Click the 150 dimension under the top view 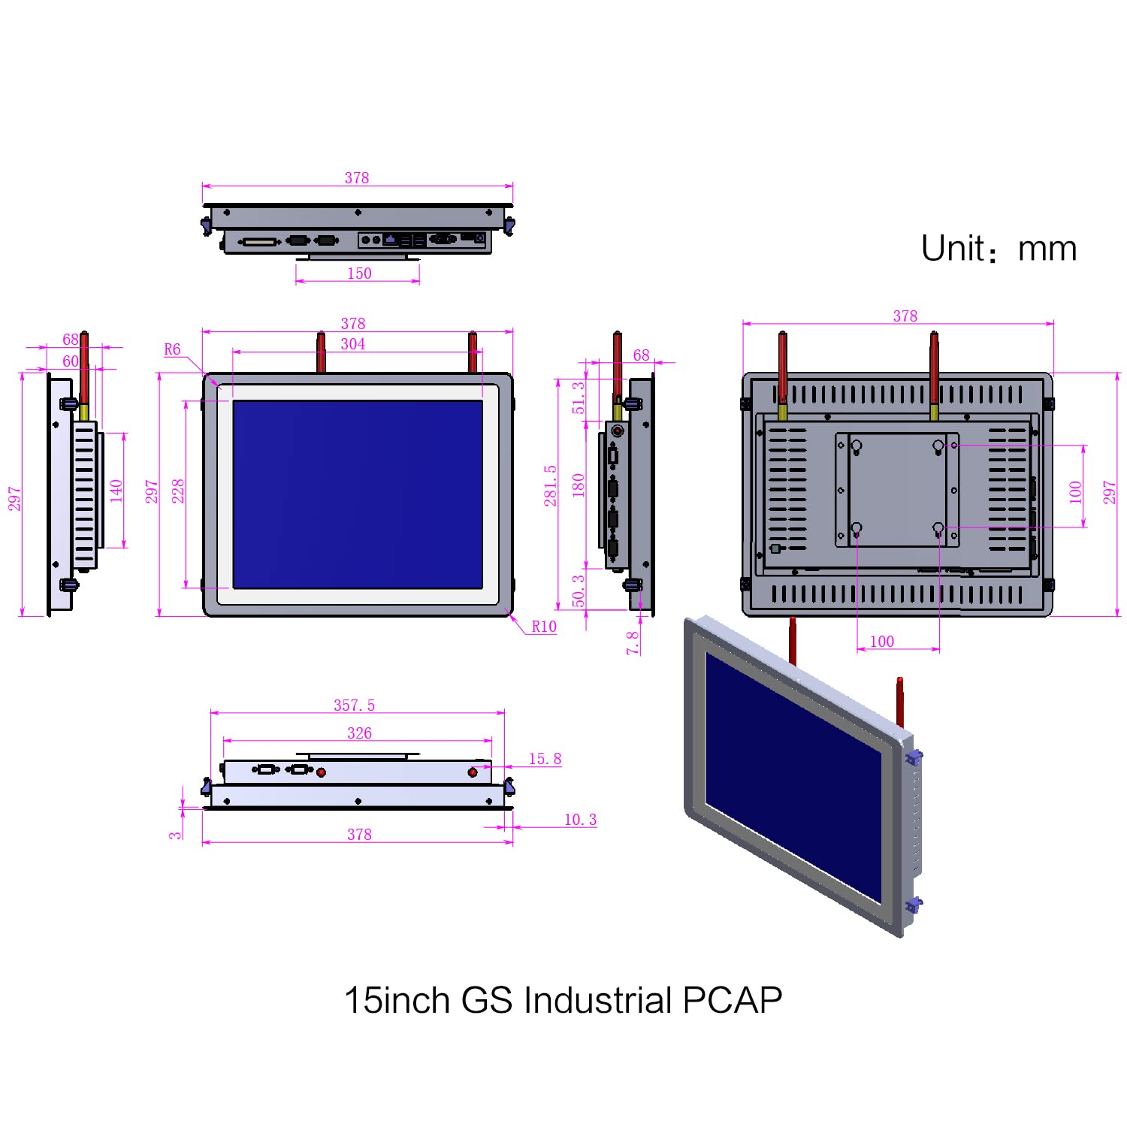pyautogui.click(x=359, y=273)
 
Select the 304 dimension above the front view pyautogui.click(x=353, y=344)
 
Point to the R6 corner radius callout pyautogui.click(x=172, y=349)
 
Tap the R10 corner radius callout pyautogui.click(x=544, y=627)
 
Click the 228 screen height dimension pyautogui.click(x=178, y=491)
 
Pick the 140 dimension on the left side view pyautogui.click(x=116, y=491)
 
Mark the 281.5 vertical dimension pyautogui.click(x=551, y=485)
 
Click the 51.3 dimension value pyautogui.click(x=579, y=397)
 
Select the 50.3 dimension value pyautogui.click(x=579, y=591)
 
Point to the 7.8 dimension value pyautogui.click(x=633, y=642)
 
